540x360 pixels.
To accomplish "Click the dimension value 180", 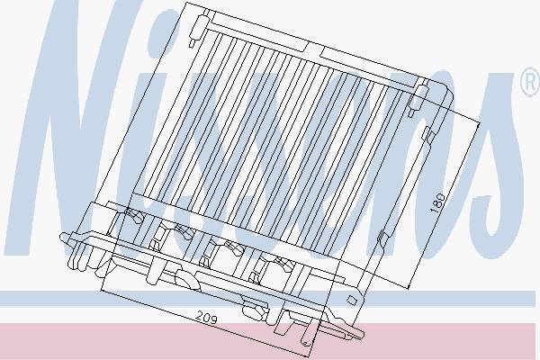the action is click(x=437, y=202).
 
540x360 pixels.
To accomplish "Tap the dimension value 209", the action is click(x=207, y=318).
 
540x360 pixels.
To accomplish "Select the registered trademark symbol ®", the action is click(x=531, y=82).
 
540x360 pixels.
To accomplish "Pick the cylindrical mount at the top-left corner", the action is click(x=198, y=27).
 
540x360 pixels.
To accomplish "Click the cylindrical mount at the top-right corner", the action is click(x=418, y=97).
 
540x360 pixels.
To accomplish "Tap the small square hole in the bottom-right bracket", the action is click(x=352, y=300).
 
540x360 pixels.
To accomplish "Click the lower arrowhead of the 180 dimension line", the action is click(x=409, y=286).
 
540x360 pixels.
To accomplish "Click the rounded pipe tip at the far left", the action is click(x=65, y=238).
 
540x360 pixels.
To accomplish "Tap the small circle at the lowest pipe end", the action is click(x=305, y=343).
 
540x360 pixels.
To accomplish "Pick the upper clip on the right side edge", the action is click(x=427, y=135).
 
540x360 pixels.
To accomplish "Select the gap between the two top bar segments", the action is click(x=314, y=50).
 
